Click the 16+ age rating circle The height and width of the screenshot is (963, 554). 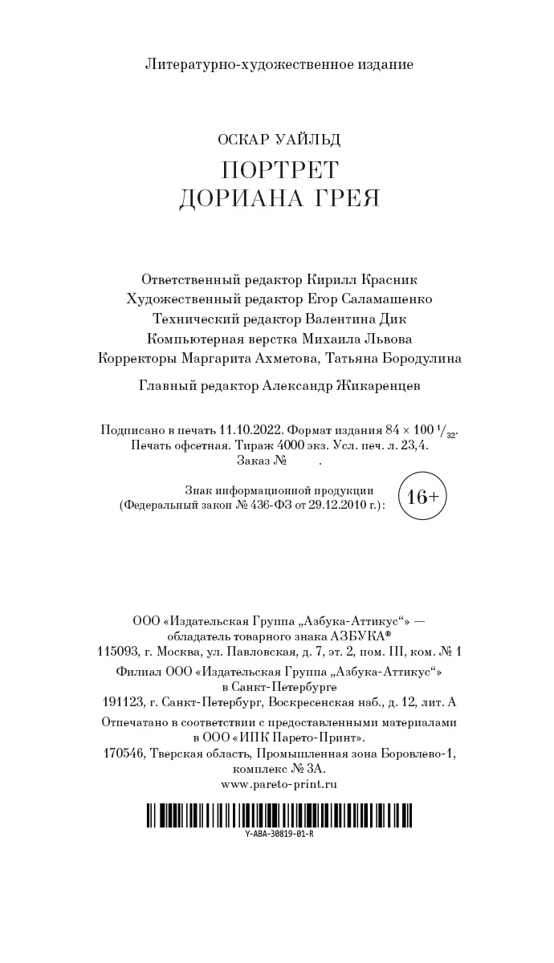tap(422, 497)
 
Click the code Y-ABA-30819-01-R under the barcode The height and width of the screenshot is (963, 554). tap(279, 834)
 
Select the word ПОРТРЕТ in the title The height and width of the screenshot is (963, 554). tap(279, 170)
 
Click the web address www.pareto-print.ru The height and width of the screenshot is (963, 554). tap(279, 784)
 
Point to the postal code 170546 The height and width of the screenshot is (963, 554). tap(128, 754)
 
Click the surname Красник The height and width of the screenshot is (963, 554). tap(388, 279)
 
